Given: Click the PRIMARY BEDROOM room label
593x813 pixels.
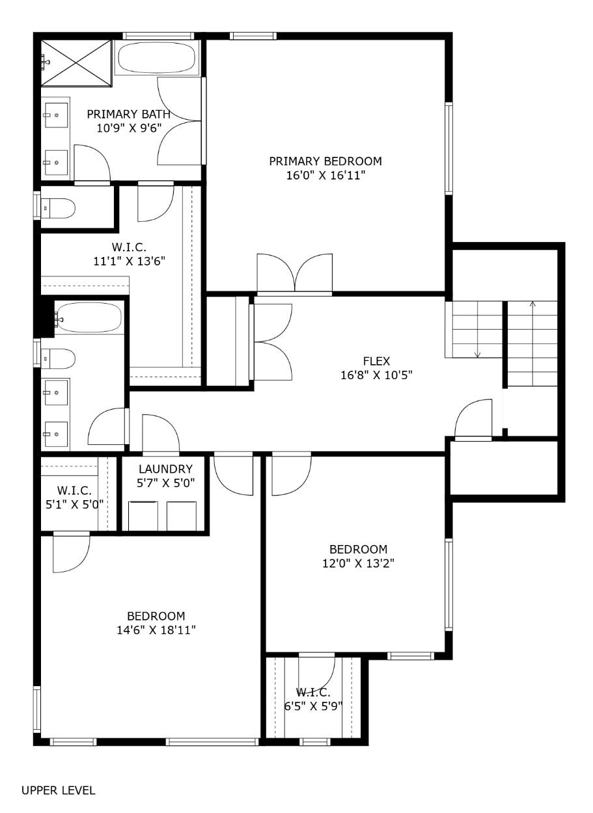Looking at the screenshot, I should pyautogui.click(x=325, y=161).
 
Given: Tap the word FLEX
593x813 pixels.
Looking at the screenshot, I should pyautogui.click(x=376, y=361).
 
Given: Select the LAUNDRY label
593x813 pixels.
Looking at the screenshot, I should pyautogui.click(x=166, y=469).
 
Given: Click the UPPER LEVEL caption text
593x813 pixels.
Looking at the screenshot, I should pyautogui.click(x=59, y=791).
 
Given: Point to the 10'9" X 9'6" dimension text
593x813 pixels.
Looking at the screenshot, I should pyautogui.click(x=128, y=128).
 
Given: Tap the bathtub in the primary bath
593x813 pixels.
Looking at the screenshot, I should pyautogui.click(x=156, y=58).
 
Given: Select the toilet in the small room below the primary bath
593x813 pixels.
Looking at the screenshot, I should pyautogui.click(x=59, y=208).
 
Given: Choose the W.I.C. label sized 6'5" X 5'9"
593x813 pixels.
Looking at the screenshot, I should pyautogui.click(x=314, y=693).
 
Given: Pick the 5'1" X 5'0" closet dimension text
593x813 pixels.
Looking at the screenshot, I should pyautogui.click(x=73, y=503).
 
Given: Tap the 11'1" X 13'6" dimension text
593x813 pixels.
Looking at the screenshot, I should pyautogui.click(x=129, y=261).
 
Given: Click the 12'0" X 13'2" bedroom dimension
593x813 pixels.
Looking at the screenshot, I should pyautogui.click(x=358, y=563).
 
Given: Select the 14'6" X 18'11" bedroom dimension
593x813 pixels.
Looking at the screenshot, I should pyautogui.click(x=156, y=630).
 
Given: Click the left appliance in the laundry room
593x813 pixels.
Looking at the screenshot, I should pyautogui.click(x=143, y=516).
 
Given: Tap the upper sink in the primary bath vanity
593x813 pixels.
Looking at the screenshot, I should pyautogui.click(x=57, y=116).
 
